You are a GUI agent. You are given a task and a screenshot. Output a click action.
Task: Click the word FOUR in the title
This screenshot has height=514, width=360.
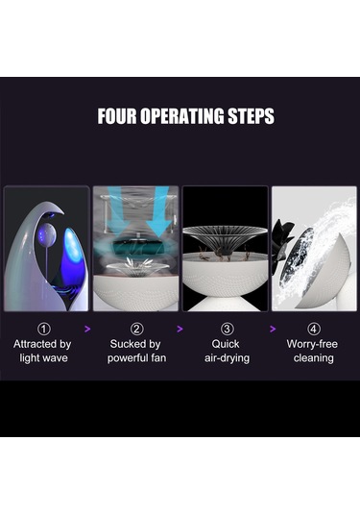pyautogui.click(x=117, y=116)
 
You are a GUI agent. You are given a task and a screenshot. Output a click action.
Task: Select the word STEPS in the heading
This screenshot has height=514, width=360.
pyautogui.click(x=252, y=116)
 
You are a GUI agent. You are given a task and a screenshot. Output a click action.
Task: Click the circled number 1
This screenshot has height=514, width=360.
pyautogui.click(x=44, y=329)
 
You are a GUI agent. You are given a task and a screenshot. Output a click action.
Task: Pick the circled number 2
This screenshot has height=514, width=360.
pyautogui.click(x=136, y=329)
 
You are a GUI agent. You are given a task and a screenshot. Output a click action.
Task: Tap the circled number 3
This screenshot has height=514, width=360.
pyautogui.click(x=227, y=329)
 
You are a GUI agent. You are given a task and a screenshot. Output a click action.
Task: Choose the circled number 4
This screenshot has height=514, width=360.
pyautogui.click(x=314, y=329)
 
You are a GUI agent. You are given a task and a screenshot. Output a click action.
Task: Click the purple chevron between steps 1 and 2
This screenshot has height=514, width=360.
pyautogui.click(x=87, y=329)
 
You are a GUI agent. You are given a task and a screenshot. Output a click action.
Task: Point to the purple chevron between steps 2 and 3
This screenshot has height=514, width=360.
pyautogui.click(x=180, y=329)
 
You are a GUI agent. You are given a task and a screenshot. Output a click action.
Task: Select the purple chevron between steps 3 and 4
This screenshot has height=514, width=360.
pyautogui.click(x=273, y=329)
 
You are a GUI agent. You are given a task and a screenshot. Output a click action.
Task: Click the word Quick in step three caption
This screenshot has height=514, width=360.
pyautogui.click(x=226, y=344)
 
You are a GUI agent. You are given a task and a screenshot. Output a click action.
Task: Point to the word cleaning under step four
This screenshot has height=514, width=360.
pyautogui.click(x=314, y=358)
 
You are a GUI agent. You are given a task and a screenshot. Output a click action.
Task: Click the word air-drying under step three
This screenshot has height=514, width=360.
pyautogui.click(x=227, y=358)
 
